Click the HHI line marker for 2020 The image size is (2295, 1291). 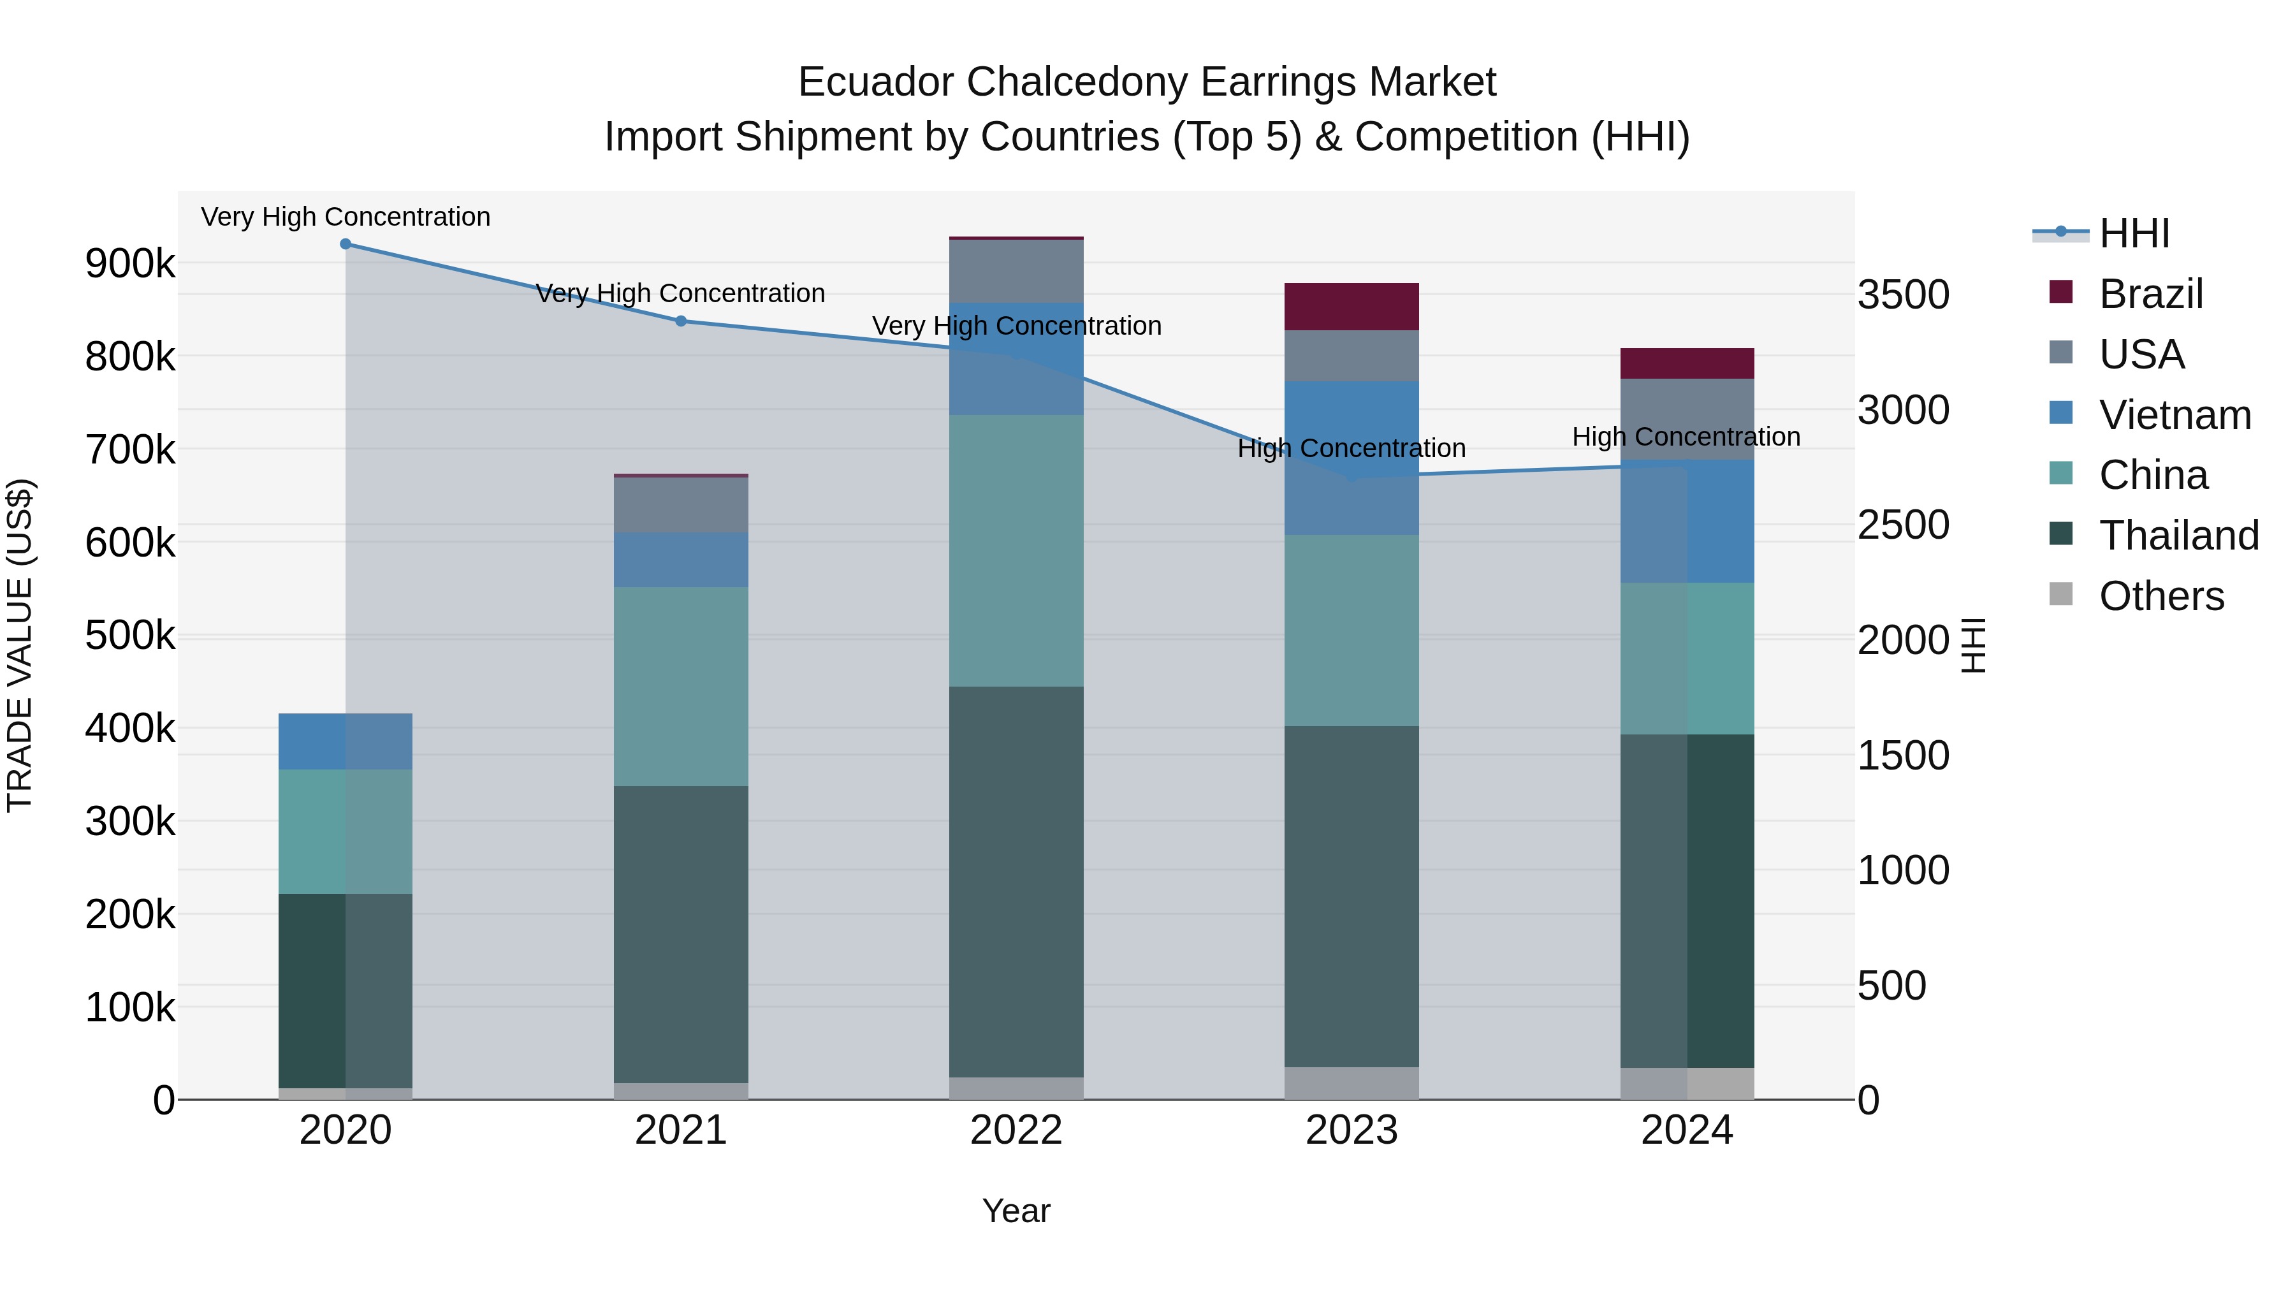click(x=346, y=244)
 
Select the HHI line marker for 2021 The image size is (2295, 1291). click(x=681, y=321)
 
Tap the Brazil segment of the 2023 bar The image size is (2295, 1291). click(x=1351, y=307)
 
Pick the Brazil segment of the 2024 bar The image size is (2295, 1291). click(x=1686, y=363)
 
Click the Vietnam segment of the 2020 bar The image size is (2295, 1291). click(x=346, y=741)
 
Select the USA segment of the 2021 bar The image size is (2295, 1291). click(x=681, y=505)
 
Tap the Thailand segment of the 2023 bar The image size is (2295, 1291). click(x=1351, y=896)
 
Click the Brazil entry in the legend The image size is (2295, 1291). click(x=2150, y=294)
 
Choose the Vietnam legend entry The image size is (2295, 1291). click(x=2174, y=415)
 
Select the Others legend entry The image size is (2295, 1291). click(x=2160, y=596)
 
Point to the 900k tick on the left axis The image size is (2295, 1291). click(x=130, y=264)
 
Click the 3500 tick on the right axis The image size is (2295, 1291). click(x=1903, y=295)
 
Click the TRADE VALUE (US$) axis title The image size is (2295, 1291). click(x=20, y=645)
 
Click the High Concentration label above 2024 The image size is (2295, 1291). click(x=1686, y=437)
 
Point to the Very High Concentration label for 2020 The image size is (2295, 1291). click(x=346, y=217)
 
